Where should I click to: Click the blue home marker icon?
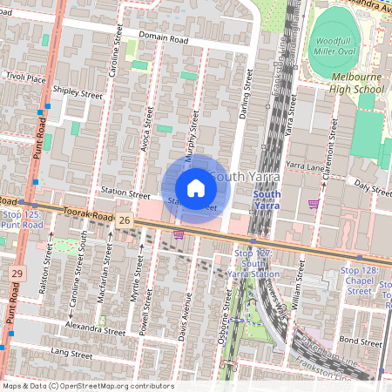pyautogui.click(x=195, y=188)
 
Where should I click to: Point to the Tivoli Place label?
pyautogui.click(x=24, y=78)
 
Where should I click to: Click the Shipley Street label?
pyautogui.click(x=78, y=91)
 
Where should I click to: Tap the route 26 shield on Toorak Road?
pyautogui.click(x=125, y=222)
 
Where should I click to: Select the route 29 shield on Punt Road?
pyautogui.click(x=17, y=274)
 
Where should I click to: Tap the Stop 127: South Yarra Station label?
pyautogui.click(x=252, y=264)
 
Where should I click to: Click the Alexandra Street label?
pyautogui.click(x=96, y=331)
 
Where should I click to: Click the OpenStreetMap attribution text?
pyautogui.click(x=88, y=386)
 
